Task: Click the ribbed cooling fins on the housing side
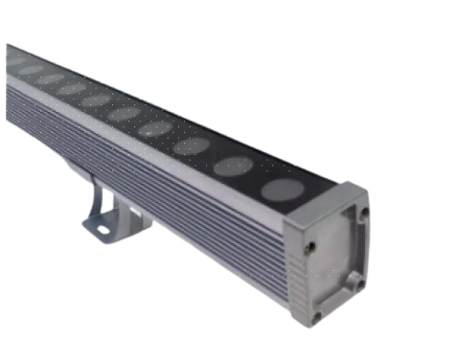pos(173,211)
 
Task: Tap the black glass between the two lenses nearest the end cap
pos(256,178)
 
